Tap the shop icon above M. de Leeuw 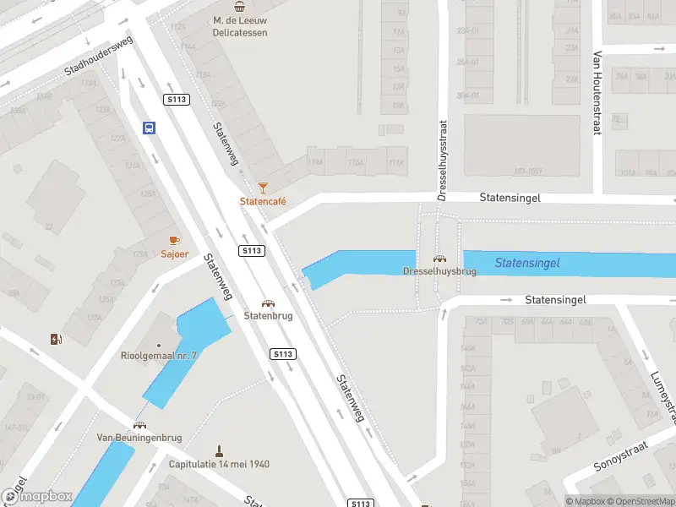pos(239,6)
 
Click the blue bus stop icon pos(149,128)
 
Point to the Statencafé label pos(263,201)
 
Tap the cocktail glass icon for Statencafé pos(263,186)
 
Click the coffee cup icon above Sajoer pos(175,240)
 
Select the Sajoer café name pos(175,253)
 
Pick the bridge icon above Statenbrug pos(268,303)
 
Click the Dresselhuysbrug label pos(439,272)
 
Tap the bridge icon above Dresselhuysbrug pos(439,259)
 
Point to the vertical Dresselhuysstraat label pos(442,159)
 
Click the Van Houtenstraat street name pos(597,93)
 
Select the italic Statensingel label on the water pos(527,263)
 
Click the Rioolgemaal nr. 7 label pos(159,356)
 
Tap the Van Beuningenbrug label pos(139,437)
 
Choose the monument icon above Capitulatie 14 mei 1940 pos(218,450)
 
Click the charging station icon pos(57,340)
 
